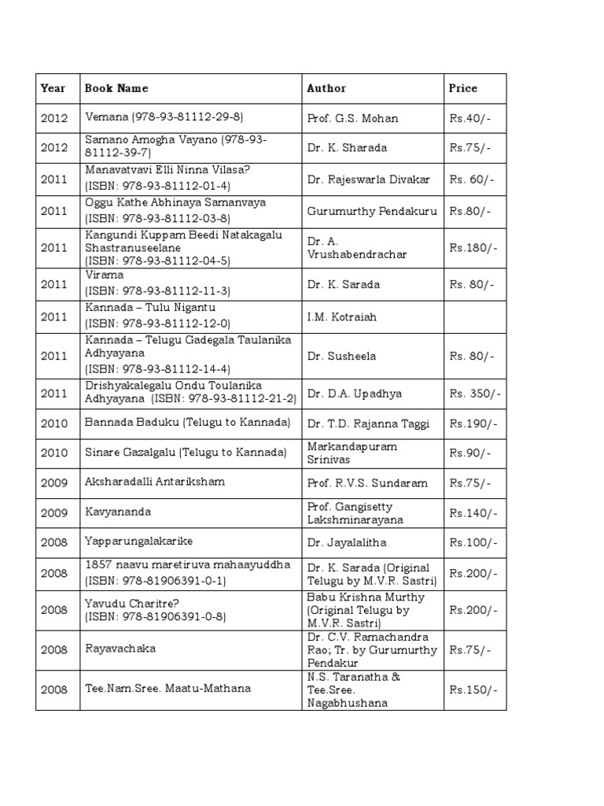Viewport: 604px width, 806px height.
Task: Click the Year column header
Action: (x=53, y=88)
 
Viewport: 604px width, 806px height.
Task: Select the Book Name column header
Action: (x=116, y=88)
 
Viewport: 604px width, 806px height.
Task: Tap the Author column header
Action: (x=326, y=88)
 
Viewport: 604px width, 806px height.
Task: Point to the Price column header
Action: (x=463, y=88)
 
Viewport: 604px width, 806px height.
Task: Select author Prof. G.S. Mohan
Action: (x=352, y=118)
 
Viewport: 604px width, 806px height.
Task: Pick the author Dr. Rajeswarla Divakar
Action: (x=369, y=179)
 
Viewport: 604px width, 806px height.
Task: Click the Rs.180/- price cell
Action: (x=470, y=247)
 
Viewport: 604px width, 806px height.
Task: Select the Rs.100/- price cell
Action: (x=470, y=542)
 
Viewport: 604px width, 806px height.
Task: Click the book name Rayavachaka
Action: (x=120, y=649)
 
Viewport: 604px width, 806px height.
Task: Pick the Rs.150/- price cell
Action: (x=470, y=690)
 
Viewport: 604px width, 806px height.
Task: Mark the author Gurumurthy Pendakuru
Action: (x=372, y=211)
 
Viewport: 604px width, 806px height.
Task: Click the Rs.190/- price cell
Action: (x=470, y=423)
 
